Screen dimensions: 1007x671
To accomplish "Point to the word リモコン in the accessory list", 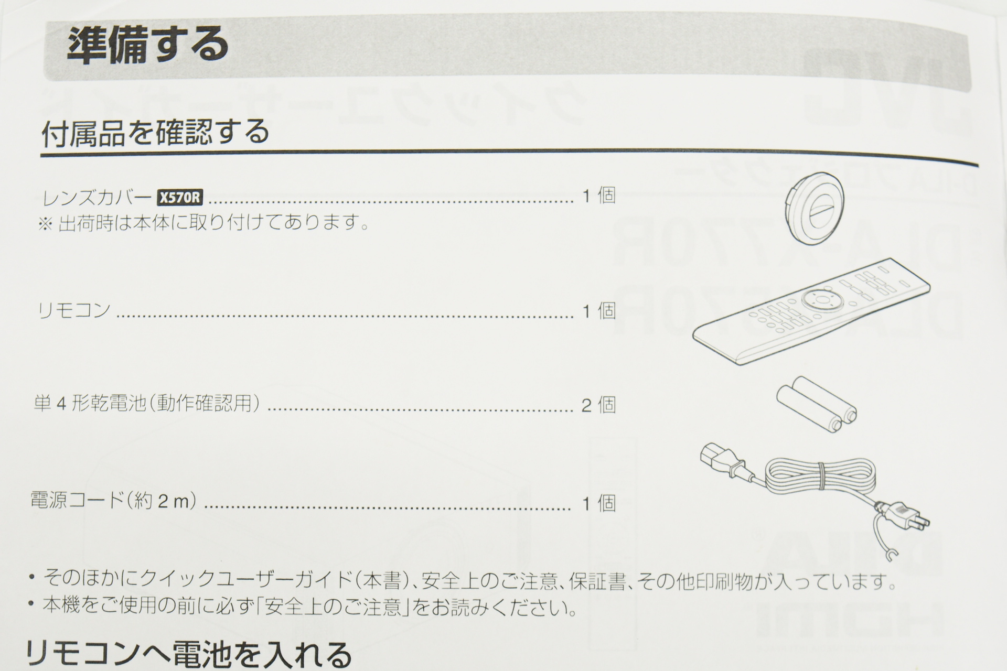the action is click(74, 310).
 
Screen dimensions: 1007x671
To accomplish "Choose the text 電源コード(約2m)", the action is click(114, 502).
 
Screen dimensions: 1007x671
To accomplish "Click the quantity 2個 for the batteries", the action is click(598, 405).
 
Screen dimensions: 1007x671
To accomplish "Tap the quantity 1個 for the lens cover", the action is click(599, 196).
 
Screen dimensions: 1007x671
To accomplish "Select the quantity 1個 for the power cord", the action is click(599, 503).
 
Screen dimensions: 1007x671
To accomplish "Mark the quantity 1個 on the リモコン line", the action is click(599, 311).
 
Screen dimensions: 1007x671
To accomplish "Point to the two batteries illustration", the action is click(817, 403).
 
